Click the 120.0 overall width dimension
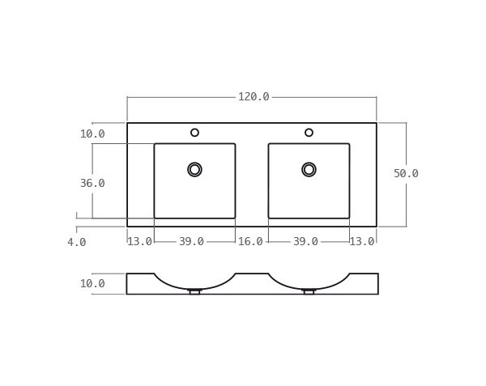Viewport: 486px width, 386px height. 253,97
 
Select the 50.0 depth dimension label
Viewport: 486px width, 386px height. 406,174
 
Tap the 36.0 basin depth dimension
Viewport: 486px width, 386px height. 92,184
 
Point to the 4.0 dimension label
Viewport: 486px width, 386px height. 77,242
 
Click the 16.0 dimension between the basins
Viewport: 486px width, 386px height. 250,242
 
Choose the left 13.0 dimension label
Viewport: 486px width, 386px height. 139,242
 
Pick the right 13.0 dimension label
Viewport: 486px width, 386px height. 362,242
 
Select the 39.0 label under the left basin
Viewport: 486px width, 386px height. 191,242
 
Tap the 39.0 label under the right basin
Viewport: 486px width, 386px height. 305,242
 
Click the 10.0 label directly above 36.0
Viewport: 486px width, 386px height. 92,134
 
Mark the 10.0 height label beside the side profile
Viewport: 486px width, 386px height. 92,284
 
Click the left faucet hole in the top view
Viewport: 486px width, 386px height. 194,133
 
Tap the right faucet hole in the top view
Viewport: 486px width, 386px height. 309,133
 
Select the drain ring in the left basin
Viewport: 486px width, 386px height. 194,169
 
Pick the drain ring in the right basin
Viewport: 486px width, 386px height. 309,169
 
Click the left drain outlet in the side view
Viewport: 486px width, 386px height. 194,291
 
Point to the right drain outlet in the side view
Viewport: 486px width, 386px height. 309,291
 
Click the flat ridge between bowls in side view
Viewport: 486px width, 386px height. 252,274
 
